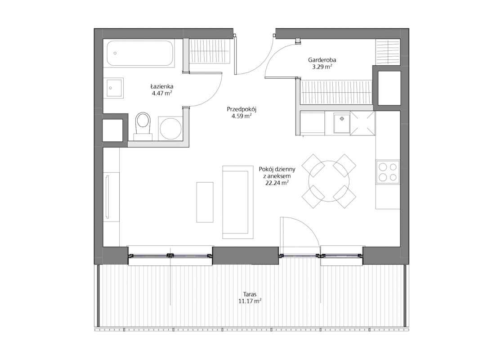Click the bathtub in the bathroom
tap(140, 54)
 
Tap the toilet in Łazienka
tap(143, 126)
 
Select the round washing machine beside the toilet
tap(171, 128)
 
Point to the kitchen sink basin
tap(341, 123)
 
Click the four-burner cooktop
tap(388, 172)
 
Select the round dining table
tap(329, 181)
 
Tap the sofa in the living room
tap(238, 202)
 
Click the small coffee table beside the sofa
tap(205, 202)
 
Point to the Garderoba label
tap(322, 60)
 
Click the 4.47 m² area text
tap(162, 93)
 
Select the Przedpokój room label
tap(242, 109)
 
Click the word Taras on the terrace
tap(250, 294)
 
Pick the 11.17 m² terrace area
tap(250, 301)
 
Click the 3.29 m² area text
tap(322, 67)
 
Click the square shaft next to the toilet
tap(112, 130)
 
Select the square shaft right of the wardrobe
tap(389, 88)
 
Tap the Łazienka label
tap(161, 86)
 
